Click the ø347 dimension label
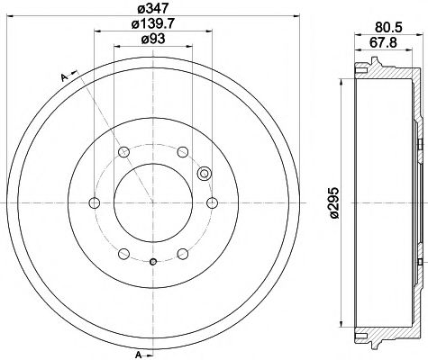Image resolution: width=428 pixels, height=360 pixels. [150, 10]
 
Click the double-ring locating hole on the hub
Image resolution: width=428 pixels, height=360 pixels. [203, 175]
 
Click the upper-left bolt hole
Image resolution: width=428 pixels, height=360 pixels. [122, 151]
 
